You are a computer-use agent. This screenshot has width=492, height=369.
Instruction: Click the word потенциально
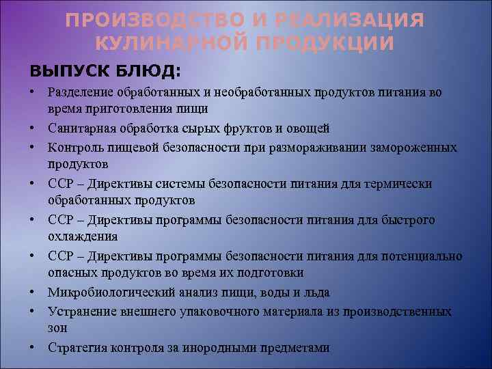pyautogui.click(x=421, y=256)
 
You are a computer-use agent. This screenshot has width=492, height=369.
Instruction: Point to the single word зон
pyautogui.click(x=57, y=329)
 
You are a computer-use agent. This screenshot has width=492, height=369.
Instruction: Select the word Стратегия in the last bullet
pyautogui.click(x=75, y=347)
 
